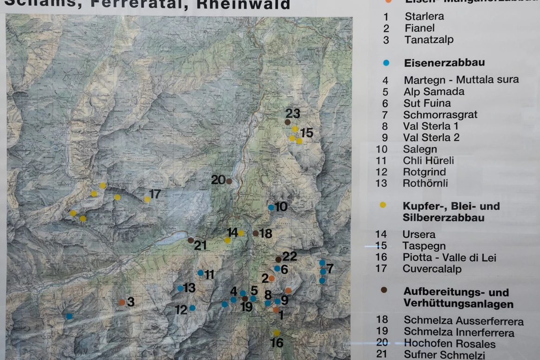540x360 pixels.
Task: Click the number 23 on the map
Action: click(293, 113)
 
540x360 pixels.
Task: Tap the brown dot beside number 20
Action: click(229, 181)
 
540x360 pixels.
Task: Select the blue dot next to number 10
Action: click(271, 207)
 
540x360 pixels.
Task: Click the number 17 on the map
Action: click(155, 194)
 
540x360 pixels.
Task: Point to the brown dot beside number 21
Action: click(191, 240)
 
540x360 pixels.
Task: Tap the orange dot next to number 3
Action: click(122, 302)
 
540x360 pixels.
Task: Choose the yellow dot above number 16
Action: click(277, 333)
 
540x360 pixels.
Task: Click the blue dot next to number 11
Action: click(200, 273)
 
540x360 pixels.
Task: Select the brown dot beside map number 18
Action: click(255, 233)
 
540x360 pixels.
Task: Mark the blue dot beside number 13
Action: click(180, 288)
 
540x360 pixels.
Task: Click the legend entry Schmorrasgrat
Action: click(434, 115)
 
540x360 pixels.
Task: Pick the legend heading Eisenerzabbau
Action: click(438, 63)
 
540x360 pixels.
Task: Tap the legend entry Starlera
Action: click(424, 16)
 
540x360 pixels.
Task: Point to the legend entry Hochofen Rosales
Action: click(449, 344)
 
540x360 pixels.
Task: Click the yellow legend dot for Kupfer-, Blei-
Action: click(383, 205)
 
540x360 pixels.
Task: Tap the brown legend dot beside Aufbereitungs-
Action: click(384, 290)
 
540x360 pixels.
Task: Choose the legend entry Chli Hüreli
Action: click(428, 161)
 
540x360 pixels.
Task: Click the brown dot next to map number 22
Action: click(278, 259)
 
